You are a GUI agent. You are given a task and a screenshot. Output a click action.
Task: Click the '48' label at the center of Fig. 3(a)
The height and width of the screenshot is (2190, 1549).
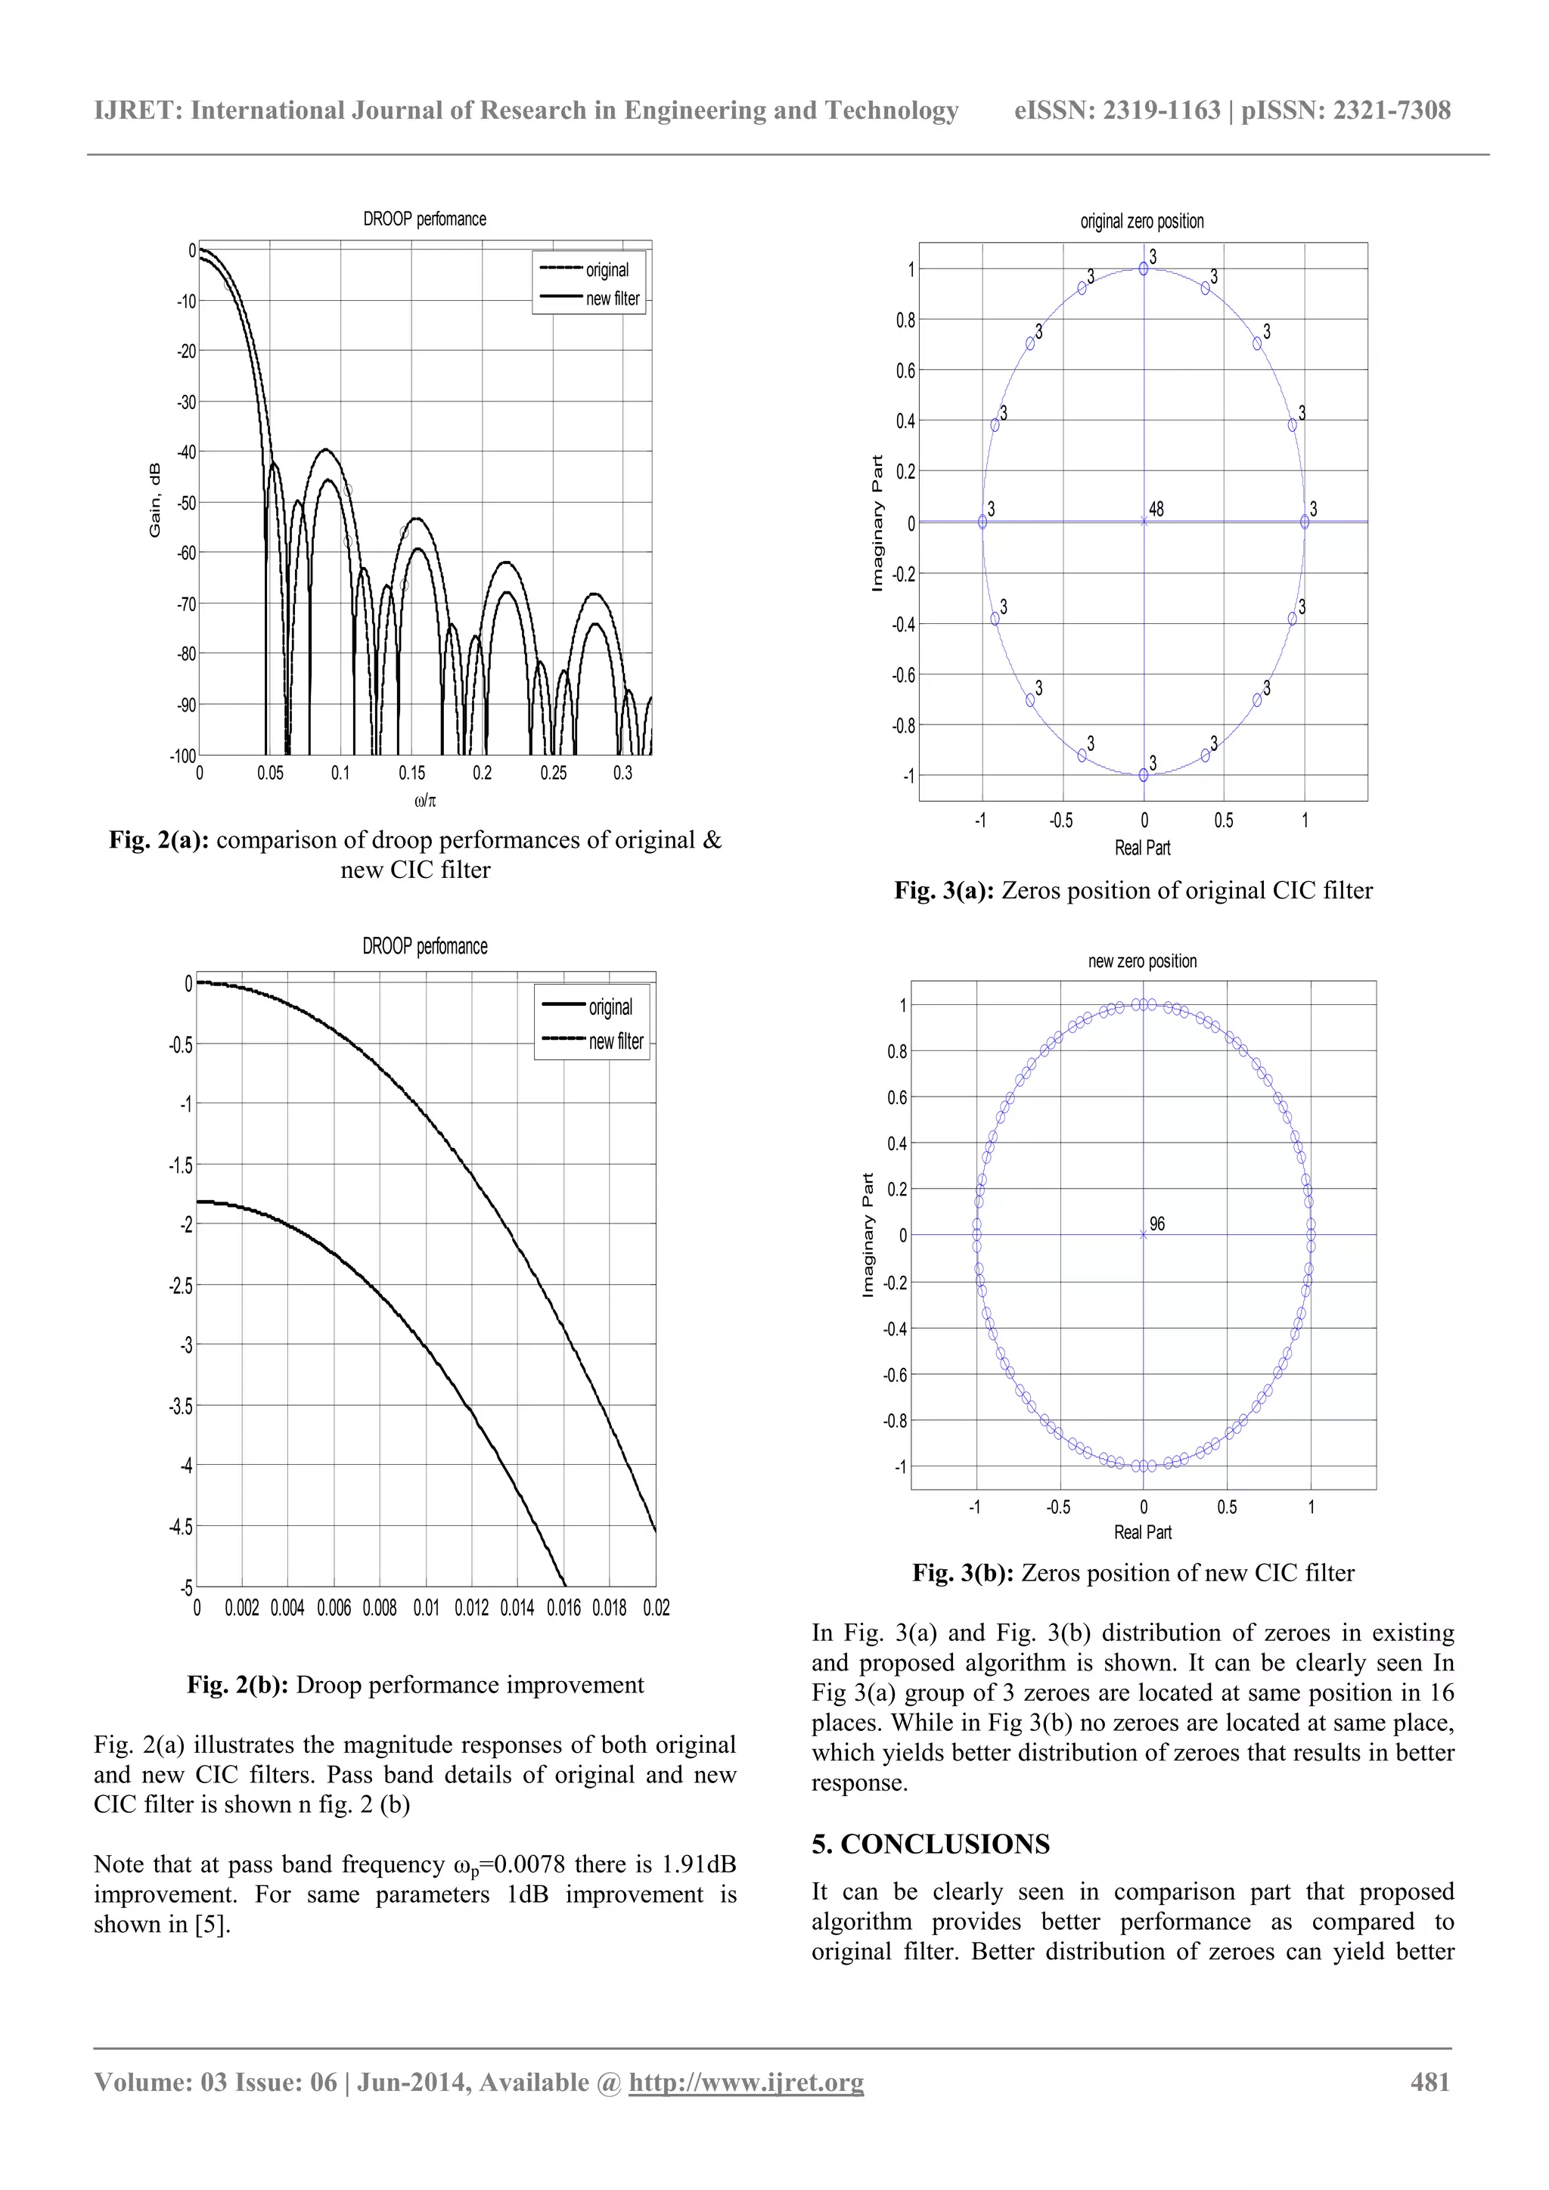click(x=1156, y=510)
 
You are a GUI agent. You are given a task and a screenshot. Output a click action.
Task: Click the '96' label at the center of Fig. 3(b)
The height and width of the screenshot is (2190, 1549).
click(x=1157, y=1224)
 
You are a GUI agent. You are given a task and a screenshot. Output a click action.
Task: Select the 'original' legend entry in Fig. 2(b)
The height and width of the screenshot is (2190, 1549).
click(x=610, y=1007)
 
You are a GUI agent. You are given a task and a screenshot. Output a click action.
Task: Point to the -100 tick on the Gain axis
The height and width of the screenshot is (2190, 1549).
click(x=182, y=756)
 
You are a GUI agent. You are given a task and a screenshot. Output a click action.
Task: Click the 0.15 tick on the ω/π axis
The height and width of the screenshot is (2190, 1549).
click(x=412, y=773)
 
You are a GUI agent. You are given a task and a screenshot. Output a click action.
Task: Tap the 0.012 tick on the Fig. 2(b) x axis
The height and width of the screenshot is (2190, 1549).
click(x=471, y=1608)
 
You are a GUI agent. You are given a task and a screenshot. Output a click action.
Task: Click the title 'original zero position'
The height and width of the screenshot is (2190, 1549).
click(x=1142, y=222)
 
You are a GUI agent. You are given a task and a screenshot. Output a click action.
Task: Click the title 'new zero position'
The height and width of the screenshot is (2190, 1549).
click(x=1142, y=961)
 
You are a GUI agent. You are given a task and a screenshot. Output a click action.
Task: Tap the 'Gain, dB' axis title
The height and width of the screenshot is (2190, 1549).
click(x=154, y=500)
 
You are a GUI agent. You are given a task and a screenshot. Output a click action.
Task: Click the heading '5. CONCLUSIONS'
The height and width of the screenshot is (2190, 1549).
click(x=930, y=1844)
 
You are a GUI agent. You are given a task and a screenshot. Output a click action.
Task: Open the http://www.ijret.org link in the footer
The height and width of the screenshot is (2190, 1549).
click(x=746, y=2082)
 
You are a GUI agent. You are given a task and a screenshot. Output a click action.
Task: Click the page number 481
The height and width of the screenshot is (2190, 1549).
click(x=1429, y=2082)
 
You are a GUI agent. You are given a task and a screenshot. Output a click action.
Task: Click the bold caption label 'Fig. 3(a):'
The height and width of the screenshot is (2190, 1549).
click(x=943, y=891)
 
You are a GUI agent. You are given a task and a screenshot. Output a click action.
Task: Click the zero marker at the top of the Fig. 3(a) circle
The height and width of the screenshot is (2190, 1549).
click(x=1144, y=269)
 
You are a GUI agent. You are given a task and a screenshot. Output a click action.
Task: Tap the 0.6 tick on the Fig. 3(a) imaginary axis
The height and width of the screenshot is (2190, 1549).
click(x=905, y=370)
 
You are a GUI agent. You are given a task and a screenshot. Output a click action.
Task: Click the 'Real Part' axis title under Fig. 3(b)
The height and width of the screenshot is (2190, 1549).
click(x=1142, y=1532)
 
